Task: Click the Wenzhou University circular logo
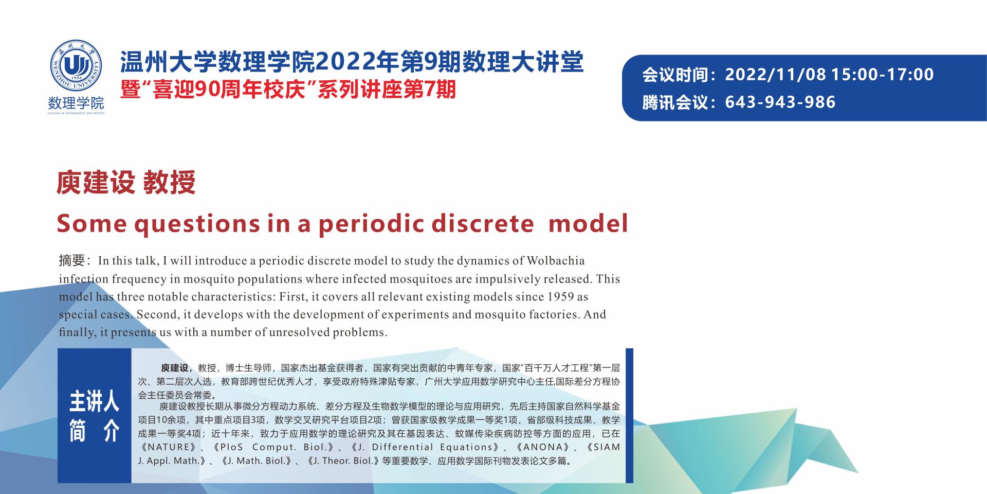pyautogui.click(x=76, y=66)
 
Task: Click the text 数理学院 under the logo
pyautogui.click(x=76, y=102)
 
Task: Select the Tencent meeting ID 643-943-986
pyautogui.click(x=780, y=102)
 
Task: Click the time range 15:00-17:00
pyautogui.click(x=882, y=75)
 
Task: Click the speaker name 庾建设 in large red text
pyautogui.click(x=96, y=183)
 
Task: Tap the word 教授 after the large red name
pyautogui.click(x=169, y=183)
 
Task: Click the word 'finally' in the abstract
pyautogui.click(x=77, y=332)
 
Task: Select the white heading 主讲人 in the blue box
pyautogui.click(x=94, y=401)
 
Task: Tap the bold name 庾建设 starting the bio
pyautogui.click(x=175, y=368)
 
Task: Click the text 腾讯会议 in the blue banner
pyautogui.click(x=675, y=102)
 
